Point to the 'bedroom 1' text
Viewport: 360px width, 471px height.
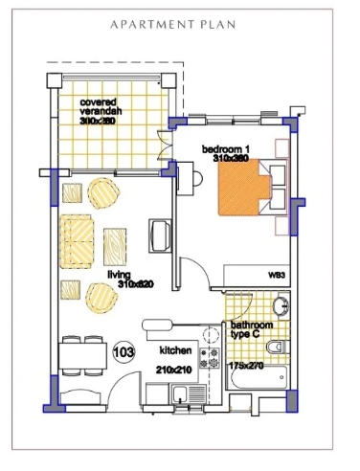pos(225,149)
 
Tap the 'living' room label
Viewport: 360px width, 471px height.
pos(119,274)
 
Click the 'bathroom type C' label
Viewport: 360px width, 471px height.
pos(253,331)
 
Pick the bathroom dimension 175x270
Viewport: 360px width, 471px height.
pos(247,366)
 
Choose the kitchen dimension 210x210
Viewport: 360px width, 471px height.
pos(176,370)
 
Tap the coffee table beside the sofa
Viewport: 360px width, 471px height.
pos(114,244)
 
